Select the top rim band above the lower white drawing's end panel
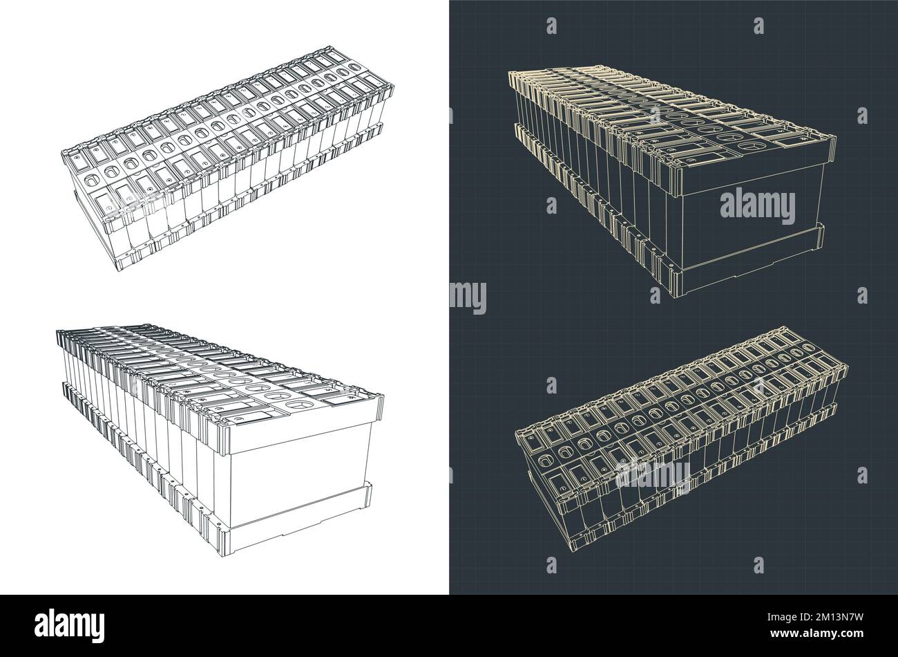[304, 415]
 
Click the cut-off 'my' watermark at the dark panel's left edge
[468, 297]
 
